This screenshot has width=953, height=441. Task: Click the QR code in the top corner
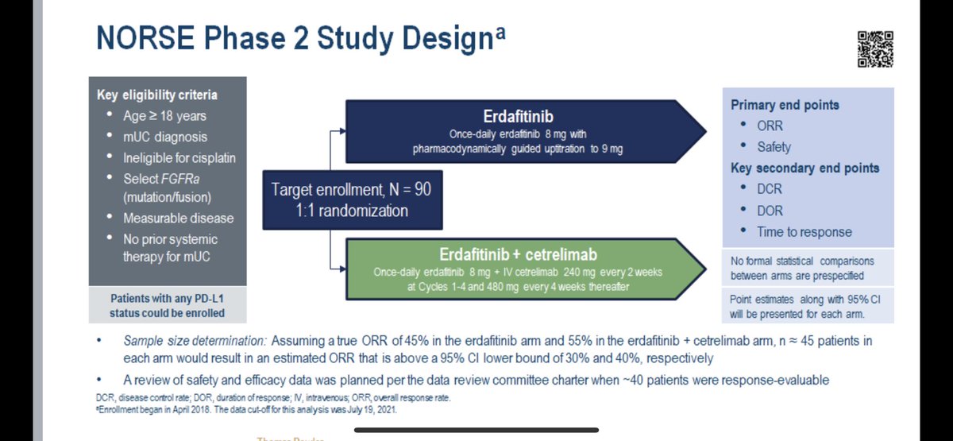tap(875, 49)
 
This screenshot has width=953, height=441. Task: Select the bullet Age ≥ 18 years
tap(164, 115)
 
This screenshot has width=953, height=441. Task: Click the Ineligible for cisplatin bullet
tap(179, 157)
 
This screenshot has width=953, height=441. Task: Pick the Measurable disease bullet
tap(178, 218)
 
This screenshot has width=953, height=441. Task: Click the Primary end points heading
tap(785, 105)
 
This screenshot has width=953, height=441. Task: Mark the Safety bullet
tap(774, 147)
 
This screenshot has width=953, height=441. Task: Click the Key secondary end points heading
tap(804, 168)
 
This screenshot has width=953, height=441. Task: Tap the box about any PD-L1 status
tap(168, 305)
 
